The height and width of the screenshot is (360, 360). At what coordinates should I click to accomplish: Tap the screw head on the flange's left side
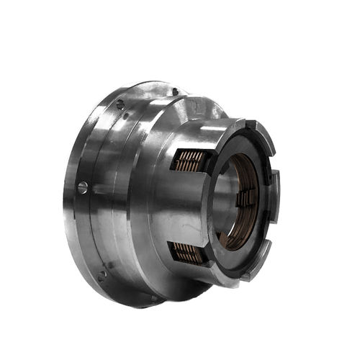point(83,188)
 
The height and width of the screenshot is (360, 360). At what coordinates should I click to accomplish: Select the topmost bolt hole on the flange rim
point(175,91)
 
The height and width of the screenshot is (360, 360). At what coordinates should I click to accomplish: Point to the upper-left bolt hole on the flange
point(120,104)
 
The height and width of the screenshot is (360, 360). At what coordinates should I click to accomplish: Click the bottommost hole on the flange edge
point(153,297)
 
